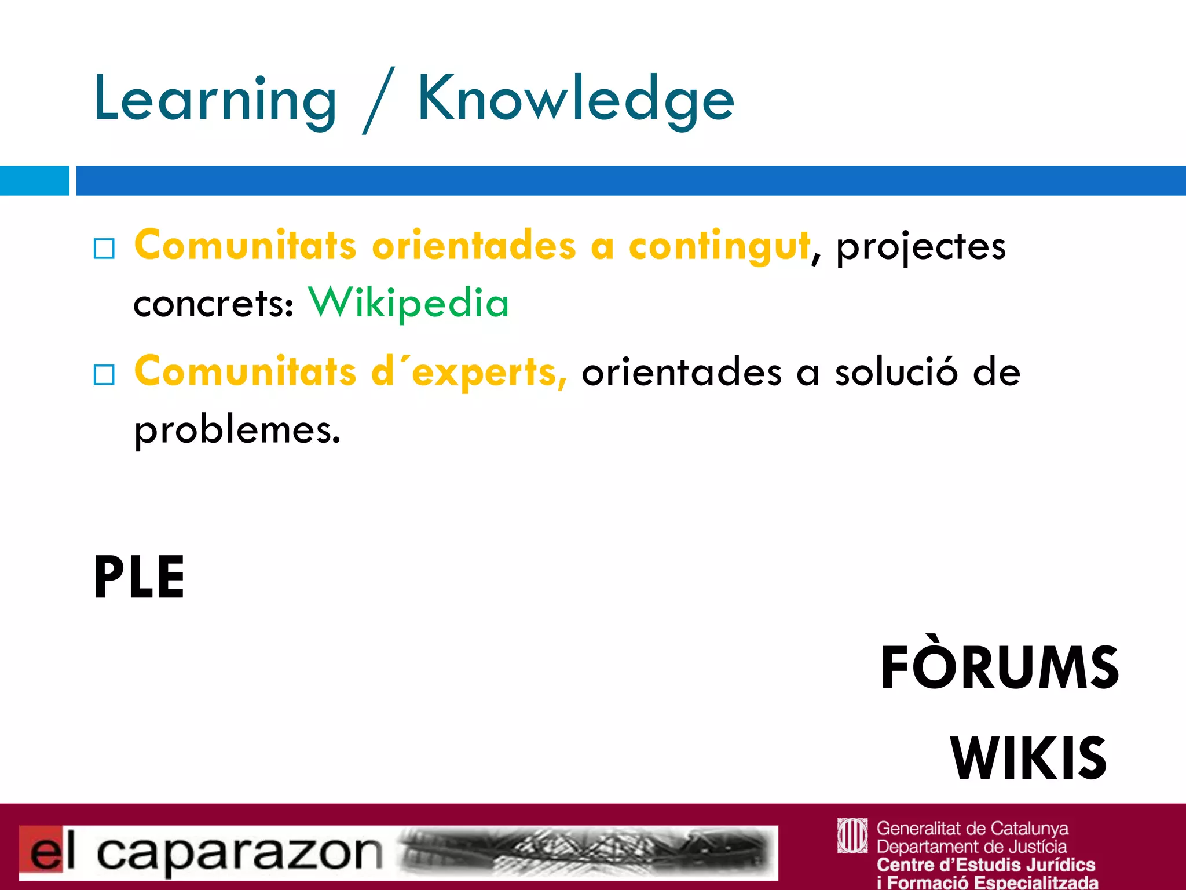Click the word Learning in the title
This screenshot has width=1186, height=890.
pyautogui.click(x=214, y=100)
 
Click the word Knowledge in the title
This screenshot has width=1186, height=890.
pyautogui.click(x=576, y=100)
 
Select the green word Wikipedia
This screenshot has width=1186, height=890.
pyautogui.click(x=408, y=302)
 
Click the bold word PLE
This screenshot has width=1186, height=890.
pyautogui.click(x=139, y=577)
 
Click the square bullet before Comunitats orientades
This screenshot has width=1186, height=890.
pyautogui.click(x=104, y=249)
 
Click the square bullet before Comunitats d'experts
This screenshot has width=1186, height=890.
pyautogui.click(x=104, y=375)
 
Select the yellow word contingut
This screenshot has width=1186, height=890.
pyautogui.click(x=719, y=246)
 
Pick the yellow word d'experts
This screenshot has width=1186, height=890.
pyautogui.click(x=468, y=372)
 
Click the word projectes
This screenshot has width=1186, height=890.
pyautogui.click(x=921, y=247)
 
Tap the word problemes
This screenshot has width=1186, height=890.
pyautogui.click(x=237, y=431)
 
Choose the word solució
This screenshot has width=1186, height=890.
pyautogui.click(x=896, y=372)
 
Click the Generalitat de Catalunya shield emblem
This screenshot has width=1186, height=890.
pyautogui.click(x=852, y=836)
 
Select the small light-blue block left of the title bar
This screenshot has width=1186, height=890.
pyautogui.click(x=34, y=181)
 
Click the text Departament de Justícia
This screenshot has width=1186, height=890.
pyautogui.click(x=972, y=847)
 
